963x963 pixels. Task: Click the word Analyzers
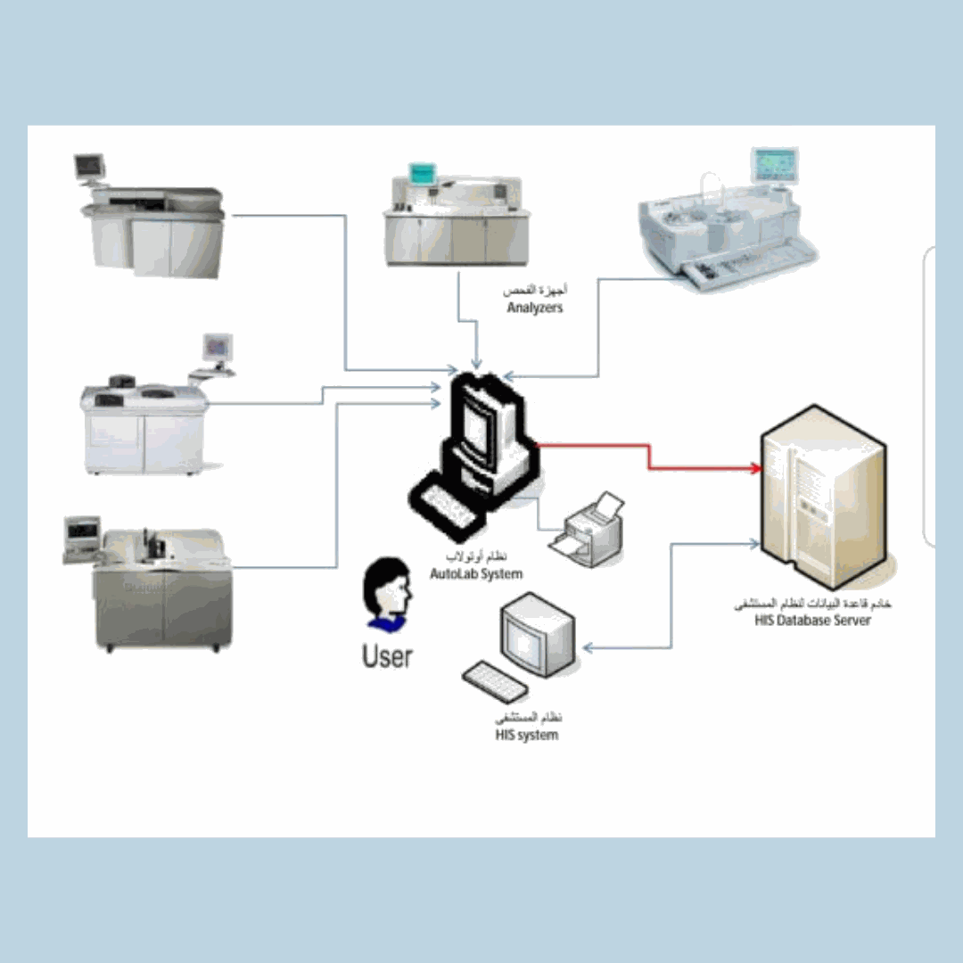click(535, 309)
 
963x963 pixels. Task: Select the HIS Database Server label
click(812, 620)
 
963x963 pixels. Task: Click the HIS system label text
click(527, 735)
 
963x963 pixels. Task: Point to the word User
click(387, 657)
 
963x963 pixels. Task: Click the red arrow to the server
click(649, 455)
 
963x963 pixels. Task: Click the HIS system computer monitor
click(536, 634)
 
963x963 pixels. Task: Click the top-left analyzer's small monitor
click(89, 165)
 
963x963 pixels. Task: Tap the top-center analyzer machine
click(456, 218)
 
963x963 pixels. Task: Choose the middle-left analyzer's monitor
click(218, 345)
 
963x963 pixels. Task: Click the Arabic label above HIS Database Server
click(812, 605)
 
